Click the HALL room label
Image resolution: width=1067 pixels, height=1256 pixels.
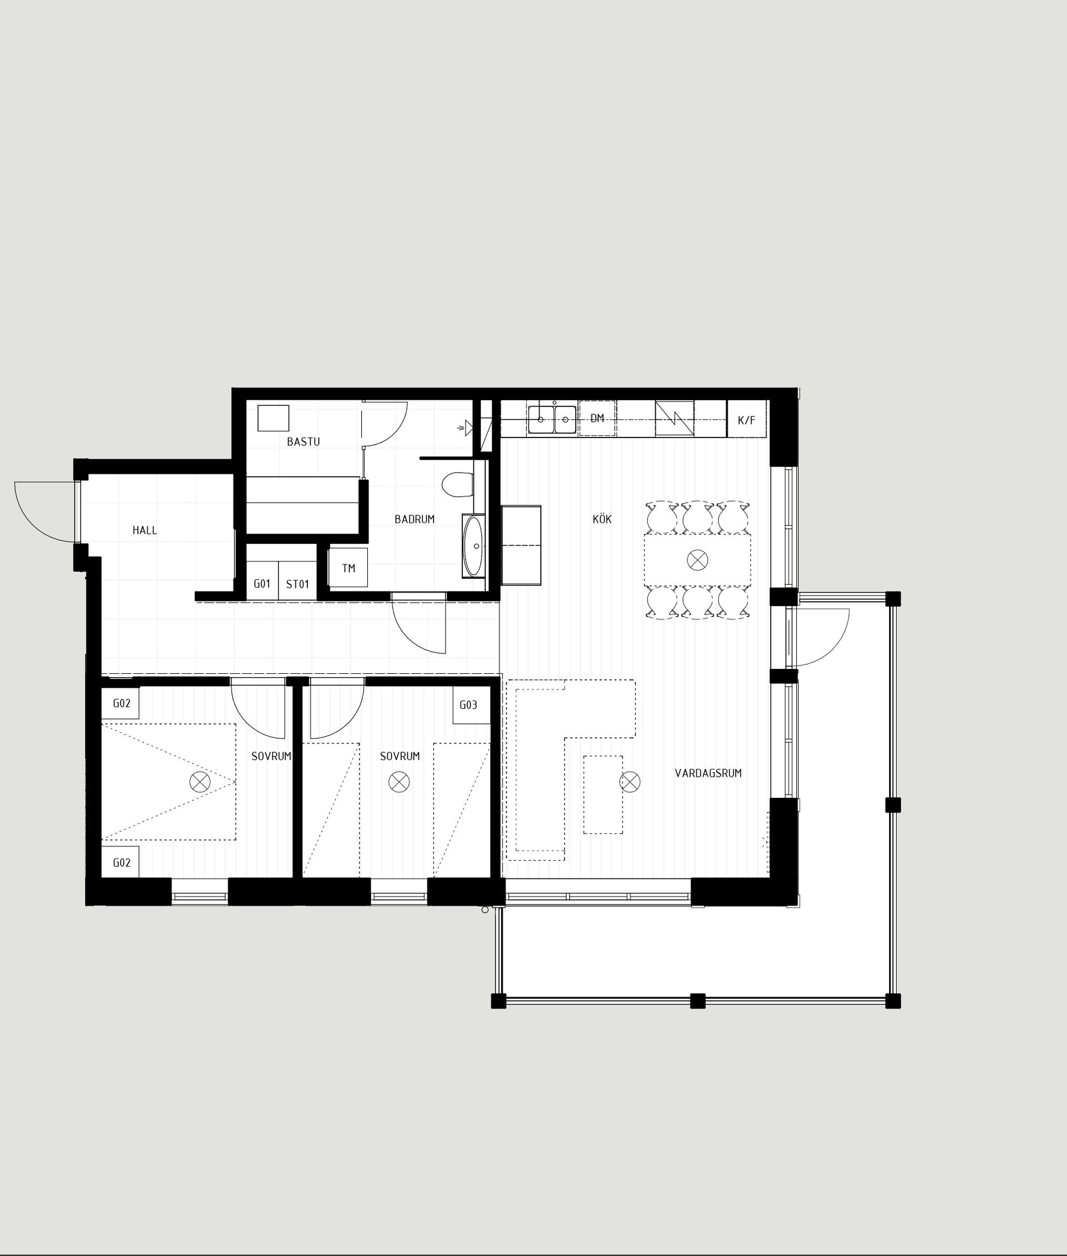[144, 530]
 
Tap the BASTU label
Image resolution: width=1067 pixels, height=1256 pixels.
[303, 441]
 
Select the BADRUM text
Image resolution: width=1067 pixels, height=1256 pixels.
[415, 519]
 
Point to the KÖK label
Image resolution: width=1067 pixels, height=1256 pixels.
[602, 519]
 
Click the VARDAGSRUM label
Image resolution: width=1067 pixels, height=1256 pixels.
[707, 773]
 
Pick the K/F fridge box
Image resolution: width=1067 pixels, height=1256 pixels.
[746, 419]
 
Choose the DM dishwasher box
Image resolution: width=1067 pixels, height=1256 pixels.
[597, 418]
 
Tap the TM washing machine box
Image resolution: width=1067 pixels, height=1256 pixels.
[348, 568]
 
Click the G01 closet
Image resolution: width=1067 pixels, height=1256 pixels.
[262, 584]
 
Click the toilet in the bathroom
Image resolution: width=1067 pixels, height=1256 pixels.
[457, 485]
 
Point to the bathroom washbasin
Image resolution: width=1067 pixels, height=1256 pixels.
[473, 546]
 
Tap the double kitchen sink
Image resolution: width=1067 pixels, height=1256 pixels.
[552, 419]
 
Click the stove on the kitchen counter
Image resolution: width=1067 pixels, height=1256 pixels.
[675, 418]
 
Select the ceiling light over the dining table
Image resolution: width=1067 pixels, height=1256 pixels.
[697, 560]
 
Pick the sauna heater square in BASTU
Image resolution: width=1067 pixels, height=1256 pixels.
[273, 418]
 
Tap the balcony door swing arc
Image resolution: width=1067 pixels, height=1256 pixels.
[822, 638]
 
